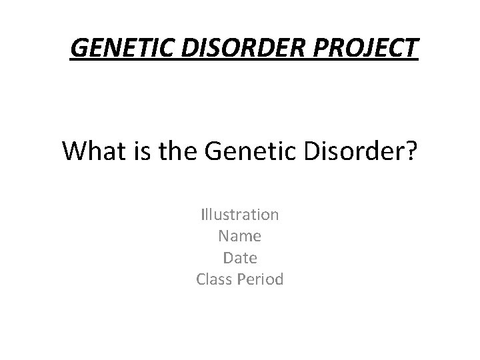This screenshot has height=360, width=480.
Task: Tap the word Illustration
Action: coord(240,215)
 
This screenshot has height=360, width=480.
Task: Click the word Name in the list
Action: coord(240,236)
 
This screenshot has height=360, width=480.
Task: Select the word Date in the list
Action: coord(240,257)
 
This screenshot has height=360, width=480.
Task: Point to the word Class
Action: coord(214,279)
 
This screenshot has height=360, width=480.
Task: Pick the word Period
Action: coord(261,279)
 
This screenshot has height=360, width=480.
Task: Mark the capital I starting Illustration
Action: coord(203,215)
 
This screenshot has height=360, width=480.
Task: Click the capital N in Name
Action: coord(223,236)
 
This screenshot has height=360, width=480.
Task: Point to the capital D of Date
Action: coord(228,257)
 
